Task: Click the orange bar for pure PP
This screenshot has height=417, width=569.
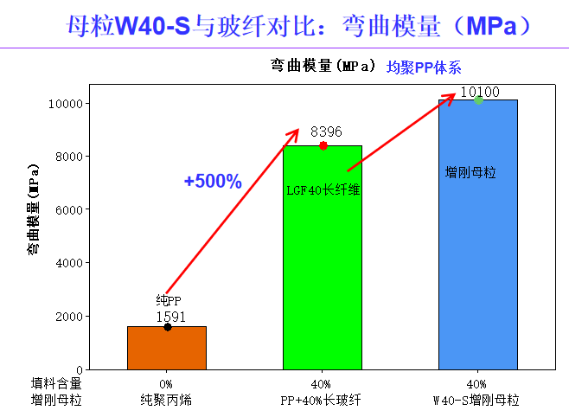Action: [x=166, y=348]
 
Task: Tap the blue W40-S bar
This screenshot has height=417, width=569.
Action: [x=477, y=260]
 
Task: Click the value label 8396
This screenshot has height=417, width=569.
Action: [x=326, y=132]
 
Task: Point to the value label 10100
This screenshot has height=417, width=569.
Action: [x=480, y=92]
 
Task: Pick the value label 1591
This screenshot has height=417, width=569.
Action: [x=171, y=317]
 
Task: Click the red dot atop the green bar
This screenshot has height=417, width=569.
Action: [x=323, y=145]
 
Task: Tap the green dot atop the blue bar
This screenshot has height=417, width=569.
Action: [x=478, y=100]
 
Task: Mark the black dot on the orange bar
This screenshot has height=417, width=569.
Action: [x=167, y=327]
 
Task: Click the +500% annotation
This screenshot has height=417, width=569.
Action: [x=213, y=182]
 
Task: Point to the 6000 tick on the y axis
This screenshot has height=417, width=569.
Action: [x=67, y=209]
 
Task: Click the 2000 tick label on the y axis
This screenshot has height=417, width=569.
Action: [x=67, y=316]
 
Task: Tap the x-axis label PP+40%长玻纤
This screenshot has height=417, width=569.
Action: [x=319, y=400]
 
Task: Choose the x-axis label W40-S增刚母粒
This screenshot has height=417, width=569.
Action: [x=476, y=400]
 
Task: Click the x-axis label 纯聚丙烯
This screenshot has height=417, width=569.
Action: [x=166, y=400]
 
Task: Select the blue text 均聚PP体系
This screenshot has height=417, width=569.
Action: [x=424, y=67]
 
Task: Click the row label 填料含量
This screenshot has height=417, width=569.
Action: [x=56, y=383]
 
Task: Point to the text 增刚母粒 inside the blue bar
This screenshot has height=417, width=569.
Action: [x=470, y=172]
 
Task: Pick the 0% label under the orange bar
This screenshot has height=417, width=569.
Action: [x=166, y=383]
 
